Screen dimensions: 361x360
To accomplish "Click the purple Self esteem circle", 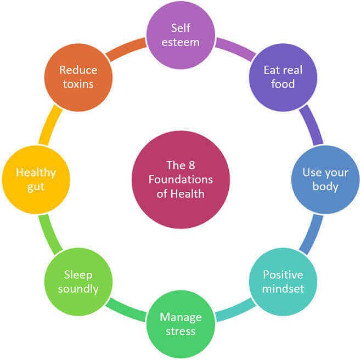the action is coord(180,35).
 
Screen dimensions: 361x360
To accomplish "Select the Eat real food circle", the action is coord(283,77).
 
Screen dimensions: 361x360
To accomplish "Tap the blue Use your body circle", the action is coord(325,179).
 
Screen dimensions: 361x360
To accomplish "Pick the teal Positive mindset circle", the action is coord(283,282).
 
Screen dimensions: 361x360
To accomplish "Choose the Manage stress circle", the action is coord(180,324).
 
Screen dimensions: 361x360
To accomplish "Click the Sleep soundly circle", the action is coord(78,282).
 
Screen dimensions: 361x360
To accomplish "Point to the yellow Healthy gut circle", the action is coord(36,179).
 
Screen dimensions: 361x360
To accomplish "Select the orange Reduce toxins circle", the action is coord(78,77).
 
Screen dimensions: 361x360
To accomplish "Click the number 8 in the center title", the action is coord(192,165).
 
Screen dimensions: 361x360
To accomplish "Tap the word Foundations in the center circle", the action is coord(180,179).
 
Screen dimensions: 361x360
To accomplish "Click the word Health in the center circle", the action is coord(188,194).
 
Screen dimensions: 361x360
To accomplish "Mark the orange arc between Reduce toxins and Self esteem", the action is coord(126,48).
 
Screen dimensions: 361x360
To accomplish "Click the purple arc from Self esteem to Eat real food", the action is coord(236,48).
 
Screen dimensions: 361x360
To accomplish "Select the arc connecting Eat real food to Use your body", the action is coord(312,125).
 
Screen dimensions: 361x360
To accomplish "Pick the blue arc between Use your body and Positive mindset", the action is coord(312,235).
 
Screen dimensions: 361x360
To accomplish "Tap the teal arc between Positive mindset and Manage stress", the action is coord(236,311).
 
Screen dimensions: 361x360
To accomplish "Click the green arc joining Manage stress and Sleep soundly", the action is coord(126,311).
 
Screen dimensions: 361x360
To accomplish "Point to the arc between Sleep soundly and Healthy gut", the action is coord(49,235).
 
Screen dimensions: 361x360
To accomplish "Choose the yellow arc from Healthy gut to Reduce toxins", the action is coord(49,125).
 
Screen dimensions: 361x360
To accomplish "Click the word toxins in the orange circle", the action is coord(78,84).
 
